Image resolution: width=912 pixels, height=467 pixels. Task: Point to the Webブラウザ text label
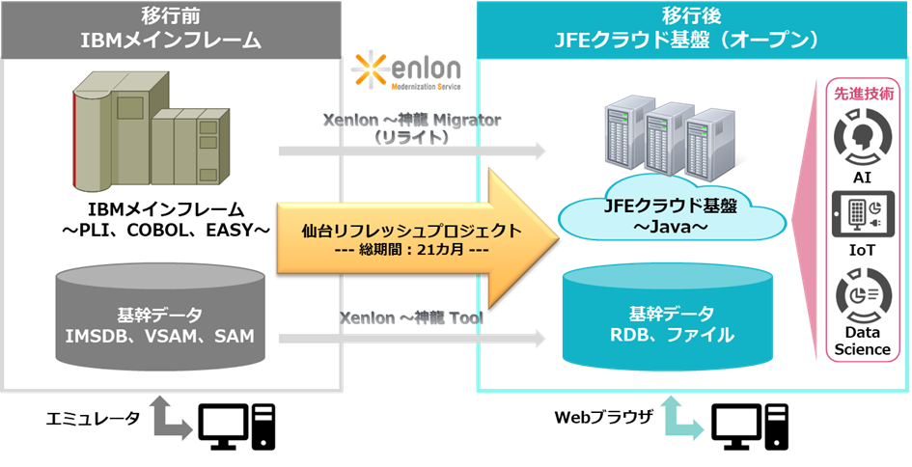tap(604, 418)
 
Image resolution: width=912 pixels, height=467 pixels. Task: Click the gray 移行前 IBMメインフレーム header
tap(171, 29)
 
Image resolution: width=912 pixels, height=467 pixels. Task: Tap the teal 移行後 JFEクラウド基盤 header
tap(693, 29)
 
